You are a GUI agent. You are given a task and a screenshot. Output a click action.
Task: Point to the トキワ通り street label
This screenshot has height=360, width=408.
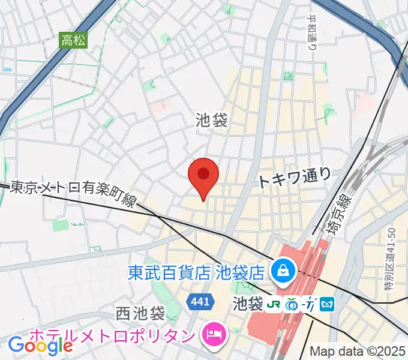pos(295,178)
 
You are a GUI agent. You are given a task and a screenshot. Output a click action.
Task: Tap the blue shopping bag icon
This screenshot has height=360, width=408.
pos(281,268)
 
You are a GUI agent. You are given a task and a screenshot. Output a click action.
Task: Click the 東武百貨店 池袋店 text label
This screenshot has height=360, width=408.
pos(196,274)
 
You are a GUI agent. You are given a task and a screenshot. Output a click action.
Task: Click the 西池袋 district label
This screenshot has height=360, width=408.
pos(140,313)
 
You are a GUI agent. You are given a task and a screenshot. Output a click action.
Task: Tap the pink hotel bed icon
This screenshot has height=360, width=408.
pos(214,332)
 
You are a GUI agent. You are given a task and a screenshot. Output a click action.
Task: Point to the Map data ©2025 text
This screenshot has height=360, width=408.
pos(357,351)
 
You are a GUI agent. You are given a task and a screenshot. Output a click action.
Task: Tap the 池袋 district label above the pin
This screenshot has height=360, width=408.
pos(211,121)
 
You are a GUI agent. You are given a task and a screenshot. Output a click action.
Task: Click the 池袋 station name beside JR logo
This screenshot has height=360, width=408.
pos(248,304)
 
